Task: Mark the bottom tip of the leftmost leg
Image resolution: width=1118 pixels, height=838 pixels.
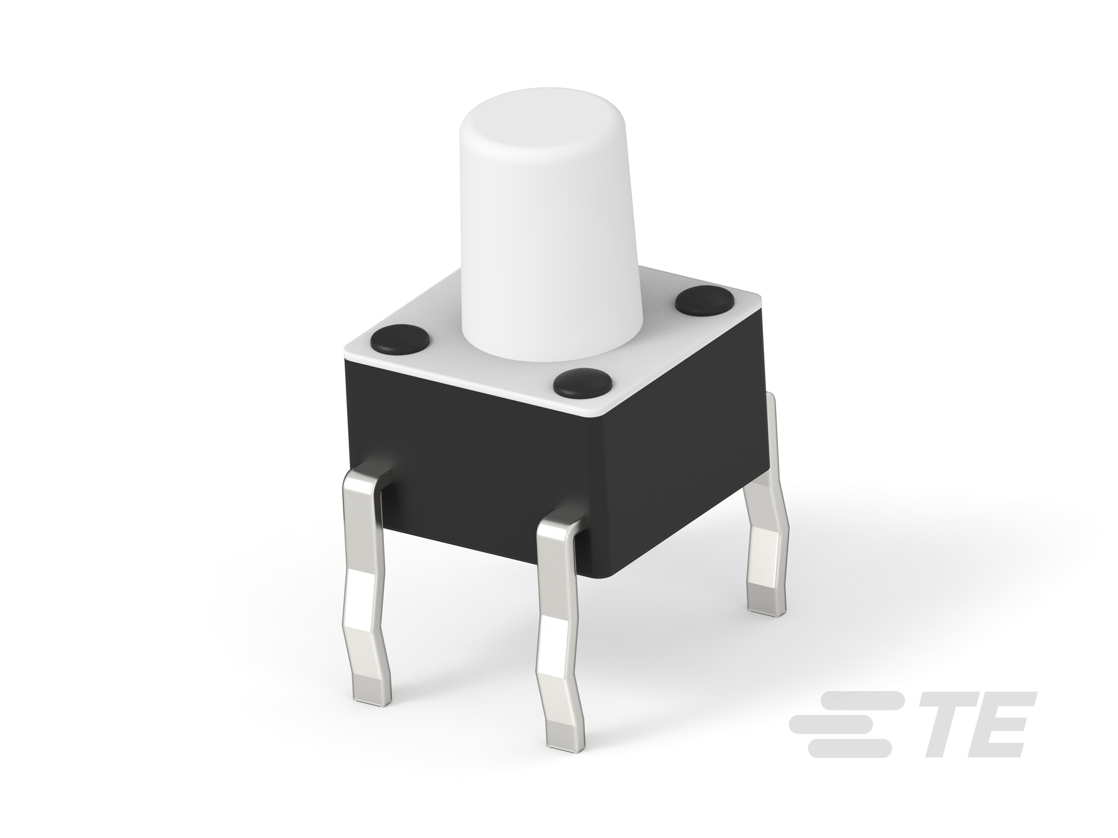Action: (373, 698)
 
